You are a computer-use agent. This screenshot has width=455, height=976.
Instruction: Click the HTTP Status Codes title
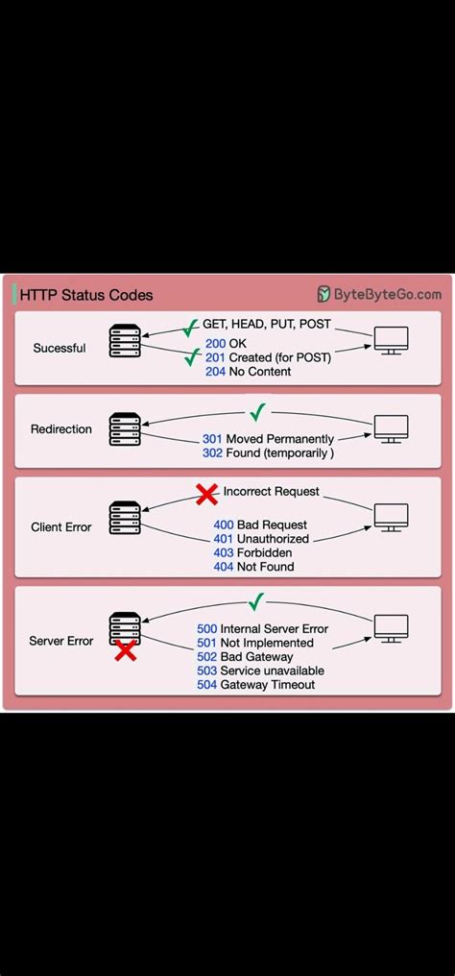tap(87, 296)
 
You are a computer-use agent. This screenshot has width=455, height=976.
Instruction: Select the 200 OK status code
tap(226, 343)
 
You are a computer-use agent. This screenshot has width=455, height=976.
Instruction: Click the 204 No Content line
tap(248, 372)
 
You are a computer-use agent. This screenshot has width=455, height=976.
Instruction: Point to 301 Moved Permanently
tap(268, 439)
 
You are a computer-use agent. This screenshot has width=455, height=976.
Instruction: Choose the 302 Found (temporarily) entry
tap(268, 453)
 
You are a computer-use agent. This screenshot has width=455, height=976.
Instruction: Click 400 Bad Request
tap(260, 525)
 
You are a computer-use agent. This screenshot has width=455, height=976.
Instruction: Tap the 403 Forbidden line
tap(253, 552)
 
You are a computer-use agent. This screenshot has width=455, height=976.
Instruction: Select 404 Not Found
tap(253, 567)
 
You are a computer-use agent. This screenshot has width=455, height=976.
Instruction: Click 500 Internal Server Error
tap(262, 628)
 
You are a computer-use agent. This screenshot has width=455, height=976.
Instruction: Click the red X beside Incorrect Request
tap(206, 495)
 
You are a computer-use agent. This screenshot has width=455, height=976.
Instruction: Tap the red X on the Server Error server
tap(125, 652)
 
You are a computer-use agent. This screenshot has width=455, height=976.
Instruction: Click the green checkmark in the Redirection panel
tap(256, 413)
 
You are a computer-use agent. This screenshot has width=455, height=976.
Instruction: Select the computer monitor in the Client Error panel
tap(391, 517)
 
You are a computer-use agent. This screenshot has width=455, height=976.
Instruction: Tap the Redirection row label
tap(62, 429)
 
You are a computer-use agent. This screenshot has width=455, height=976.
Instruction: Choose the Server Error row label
tap(60, 641)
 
